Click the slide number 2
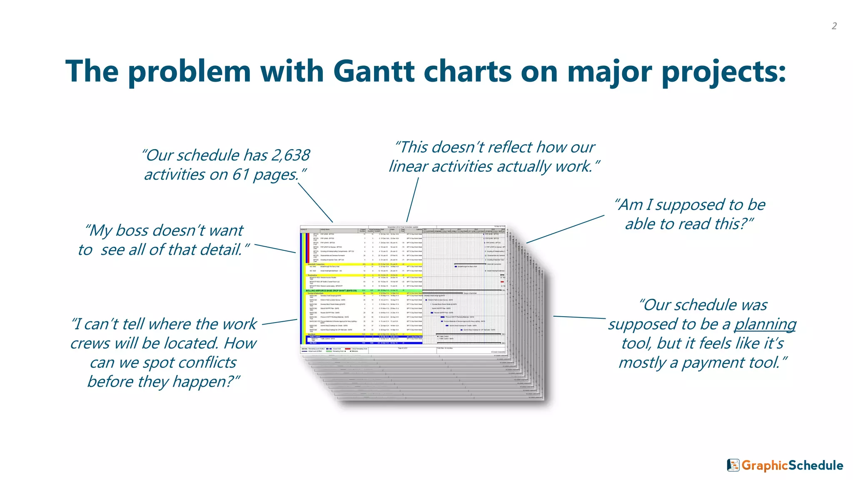point(834,26)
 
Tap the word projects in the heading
point(723,72)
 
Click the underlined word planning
point(765,324)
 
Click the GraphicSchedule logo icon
point(733,465)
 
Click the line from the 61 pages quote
point(315,202)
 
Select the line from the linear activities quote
point(412,200)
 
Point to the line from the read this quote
point(565,229)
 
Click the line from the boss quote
point(275,248)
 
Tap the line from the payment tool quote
point(579,317)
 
